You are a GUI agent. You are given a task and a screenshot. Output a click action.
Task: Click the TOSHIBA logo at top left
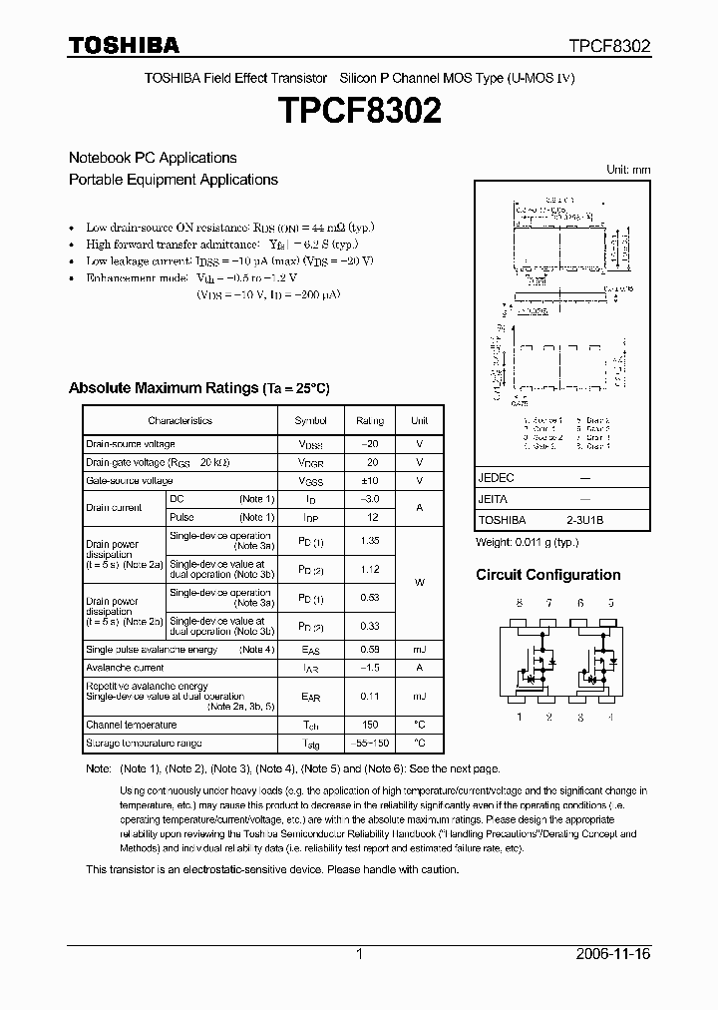pyautogui.click(x=124, y=45)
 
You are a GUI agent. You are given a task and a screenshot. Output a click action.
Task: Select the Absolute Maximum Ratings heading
pyautogui.click(x=198, y=388)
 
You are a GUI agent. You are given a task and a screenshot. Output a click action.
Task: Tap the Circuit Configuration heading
pyautogui.click(x=547, y=575)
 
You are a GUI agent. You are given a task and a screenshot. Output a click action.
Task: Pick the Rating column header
pyautogui.click(x=370, y=421)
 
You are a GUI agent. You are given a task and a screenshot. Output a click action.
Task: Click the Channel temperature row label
pyautogui.click(x=132, y=725)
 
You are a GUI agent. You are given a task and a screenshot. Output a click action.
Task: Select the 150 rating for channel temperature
pyautogui.click(x=370, y=725)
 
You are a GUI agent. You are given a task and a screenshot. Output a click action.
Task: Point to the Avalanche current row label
pyautogui.click(x=125, y=668)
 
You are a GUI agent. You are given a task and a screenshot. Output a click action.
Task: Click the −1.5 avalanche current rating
pyautogui.click(x=370, y=668)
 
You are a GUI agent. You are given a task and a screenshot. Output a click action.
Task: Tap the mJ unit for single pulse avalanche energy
pyautogui.click(x=420, y=650)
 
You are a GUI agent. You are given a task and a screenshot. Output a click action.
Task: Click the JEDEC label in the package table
pyautogui.click(x=496, y=478)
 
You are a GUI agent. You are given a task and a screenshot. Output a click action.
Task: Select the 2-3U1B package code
pyautogui.click(x=585, y=520)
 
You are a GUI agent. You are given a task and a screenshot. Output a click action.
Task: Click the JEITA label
pyautogui.click(x=493, y=499)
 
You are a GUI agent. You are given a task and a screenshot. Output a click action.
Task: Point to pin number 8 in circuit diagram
pyautogui.click(x=519, y=603)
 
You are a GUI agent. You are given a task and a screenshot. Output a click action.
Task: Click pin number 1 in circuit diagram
pyautogui.click(x=519, y=716)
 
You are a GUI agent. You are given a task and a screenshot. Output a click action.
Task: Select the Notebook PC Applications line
pyautogui.click(x=153, y=158)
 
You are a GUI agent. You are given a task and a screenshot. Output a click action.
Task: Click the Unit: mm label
pyautogui.click(x=628, y=170)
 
